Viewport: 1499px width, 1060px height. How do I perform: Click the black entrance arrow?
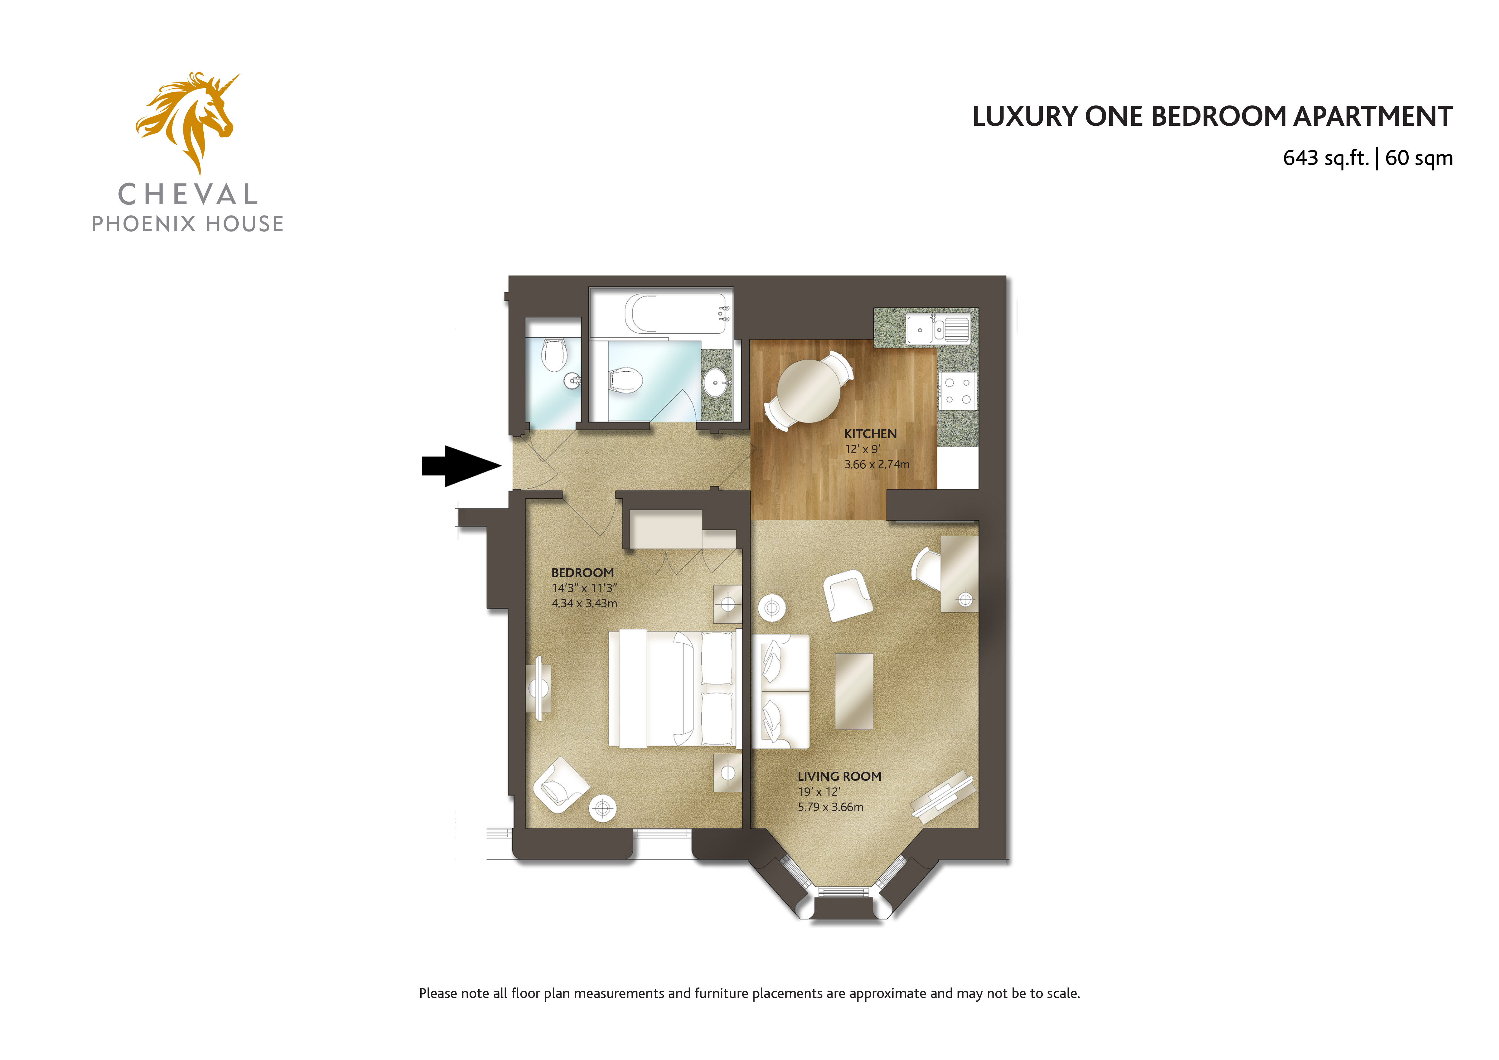(461, 466)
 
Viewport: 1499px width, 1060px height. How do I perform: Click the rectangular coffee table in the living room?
(854, 691)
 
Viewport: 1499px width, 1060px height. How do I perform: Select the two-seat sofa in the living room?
(781, 691)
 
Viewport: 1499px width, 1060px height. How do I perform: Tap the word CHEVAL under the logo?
(188, 195)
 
